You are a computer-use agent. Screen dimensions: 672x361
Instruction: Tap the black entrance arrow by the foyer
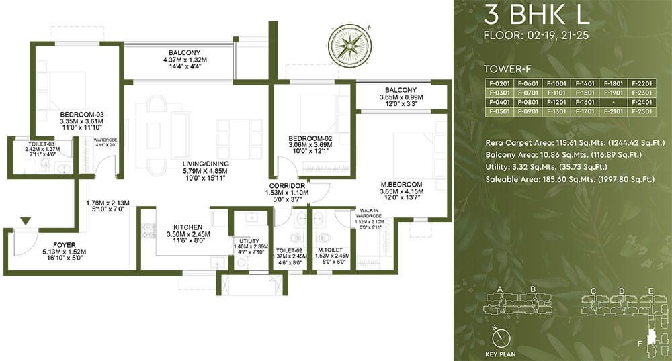tap(26, 221)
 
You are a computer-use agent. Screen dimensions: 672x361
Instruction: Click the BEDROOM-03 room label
tap(82, 115)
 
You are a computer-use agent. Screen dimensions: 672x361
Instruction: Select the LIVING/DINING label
tap(206, 164)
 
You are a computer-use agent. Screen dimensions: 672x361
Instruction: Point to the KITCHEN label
tap(188, 227)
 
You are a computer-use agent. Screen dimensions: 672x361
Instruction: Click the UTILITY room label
tap(249, 242)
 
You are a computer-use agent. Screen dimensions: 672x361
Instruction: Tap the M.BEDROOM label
tap(402, 185)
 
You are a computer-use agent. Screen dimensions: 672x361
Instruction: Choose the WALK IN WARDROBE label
tap(369, 213)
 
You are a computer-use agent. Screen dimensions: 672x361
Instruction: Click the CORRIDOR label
tap(287, 186)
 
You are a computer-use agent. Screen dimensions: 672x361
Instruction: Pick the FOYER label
tap(65, 245)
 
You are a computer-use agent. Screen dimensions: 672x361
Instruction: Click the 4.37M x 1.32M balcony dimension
tap(185, 60)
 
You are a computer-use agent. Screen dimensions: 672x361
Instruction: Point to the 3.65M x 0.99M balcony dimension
tap(401, 97)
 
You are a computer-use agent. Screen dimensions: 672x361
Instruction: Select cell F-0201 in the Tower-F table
tap(499, 83)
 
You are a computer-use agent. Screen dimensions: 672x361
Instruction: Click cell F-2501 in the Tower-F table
tap(642, 111)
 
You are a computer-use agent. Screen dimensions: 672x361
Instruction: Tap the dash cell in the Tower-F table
tap(614, 102)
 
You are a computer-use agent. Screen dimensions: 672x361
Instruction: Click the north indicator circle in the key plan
tap(500, 339)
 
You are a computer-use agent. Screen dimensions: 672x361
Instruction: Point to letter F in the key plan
tap(640, 344)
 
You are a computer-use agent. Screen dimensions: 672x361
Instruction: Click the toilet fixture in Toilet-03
tap(44, 164)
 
